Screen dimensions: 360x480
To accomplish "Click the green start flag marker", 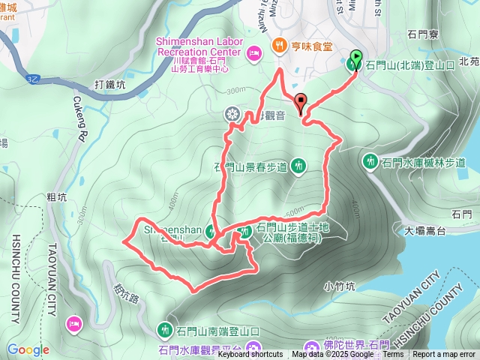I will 355,58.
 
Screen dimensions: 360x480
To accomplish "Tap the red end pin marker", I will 301,103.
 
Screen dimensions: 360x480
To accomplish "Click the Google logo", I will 28,349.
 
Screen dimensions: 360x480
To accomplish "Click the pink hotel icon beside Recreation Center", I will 253,52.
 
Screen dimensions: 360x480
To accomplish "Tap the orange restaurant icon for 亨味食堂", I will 280,45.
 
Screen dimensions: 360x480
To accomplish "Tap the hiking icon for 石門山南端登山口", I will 165,329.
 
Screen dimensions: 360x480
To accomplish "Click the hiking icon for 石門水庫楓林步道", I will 370,161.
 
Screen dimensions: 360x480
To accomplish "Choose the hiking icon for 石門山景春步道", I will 298,165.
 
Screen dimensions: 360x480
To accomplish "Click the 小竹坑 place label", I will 339,285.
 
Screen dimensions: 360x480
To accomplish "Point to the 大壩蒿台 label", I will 426,230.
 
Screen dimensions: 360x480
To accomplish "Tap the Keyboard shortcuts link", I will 250,355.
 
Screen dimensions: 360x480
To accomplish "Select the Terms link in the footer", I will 392,355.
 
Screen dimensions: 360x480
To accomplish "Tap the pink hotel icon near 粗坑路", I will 75,323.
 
